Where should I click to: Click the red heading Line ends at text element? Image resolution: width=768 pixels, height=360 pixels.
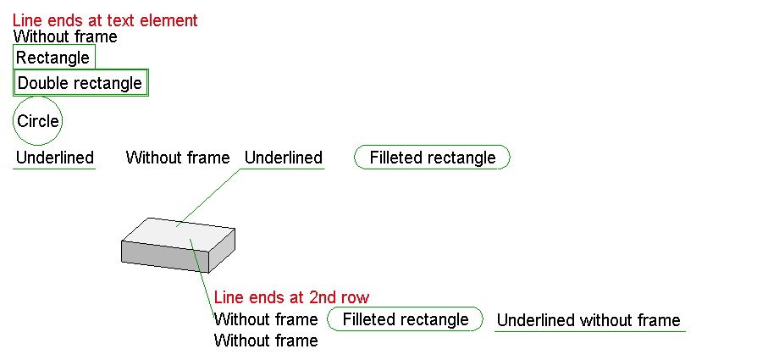pyautogui.click(x=105, y=20)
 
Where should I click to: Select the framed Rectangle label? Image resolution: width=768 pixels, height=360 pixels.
pyautogui.click(x=53, y=58)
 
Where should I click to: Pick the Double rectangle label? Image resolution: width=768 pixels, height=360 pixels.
pyautogui.click(x=80, y=83)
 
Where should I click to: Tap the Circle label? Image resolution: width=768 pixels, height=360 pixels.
pyautogui.click(x=38, y=121)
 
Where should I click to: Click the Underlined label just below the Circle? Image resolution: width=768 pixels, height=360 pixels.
pyautogui.click(x=54, y=158)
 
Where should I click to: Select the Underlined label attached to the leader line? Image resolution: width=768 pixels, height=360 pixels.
pyautogui.click(x=284, y=158)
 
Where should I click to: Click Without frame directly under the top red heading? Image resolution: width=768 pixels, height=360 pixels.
pyautogui.click(x=65, y=36)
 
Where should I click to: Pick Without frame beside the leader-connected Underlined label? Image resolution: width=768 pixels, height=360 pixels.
pyautogui.click(x=178, y=158)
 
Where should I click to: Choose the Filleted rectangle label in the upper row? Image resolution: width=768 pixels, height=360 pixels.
pyautogui.click(x=433, y=158)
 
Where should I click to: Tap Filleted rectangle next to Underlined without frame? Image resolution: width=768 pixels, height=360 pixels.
pyautogui.click(x=405, y=319)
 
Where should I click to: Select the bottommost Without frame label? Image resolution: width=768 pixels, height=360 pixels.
pyautogui.click(x=266, y=341)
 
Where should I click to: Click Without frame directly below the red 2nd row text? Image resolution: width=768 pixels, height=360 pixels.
pyautogui.click(x=266, y=319)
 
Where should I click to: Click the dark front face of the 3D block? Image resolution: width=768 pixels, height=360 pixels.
pyautogui.click(x=164, y=256)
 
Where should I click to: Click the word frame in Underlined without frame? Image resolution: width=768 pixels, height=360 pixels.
pyautogui.click(x=659, y=320)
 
